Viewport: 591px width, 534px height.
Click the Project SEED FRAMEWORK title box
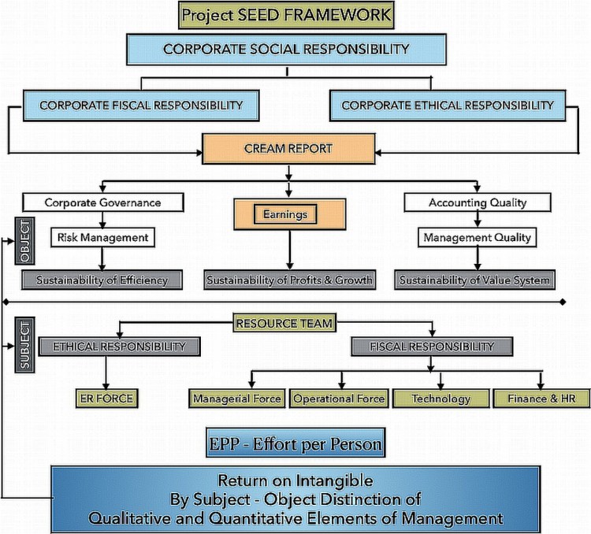click(x=285, y=14)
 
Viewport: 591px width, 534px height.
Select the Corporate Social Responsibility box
click(x=286, y=49)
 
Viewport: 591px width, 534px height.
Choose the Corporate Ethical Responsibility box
click(x=447, y=104)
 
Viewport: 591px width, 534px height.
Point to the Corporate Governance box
click(x=102, y=202)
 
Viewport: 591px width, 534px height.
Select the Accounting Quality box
click(x=476, y=202)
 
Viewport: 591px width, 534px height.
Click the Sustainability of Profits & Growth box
click(x=289, y=279)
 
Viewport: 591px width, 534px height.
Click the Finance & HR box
click(x=542, y=399)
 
